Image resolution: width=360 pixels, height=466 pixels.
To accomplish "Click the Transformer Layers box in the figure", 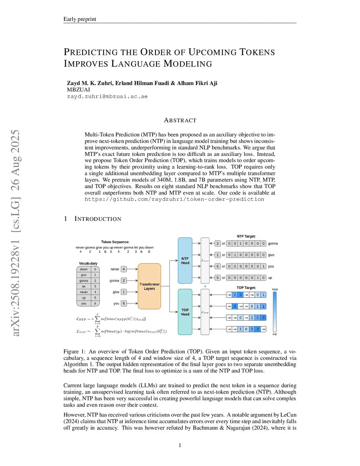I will (x=149, y=286).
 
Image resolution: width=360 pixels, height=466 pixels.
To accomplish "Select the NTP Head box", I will (x=185, y=261).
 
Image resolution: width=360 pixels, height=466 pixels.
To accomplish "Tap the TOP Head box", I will (x=185, y=312).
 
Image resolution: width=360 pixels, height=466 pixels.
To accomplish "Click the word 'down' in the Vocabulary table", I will (x=84, y=269).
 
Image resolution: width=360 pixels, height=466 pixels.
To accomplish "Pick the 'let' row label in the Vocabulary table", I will (x=84, y=286).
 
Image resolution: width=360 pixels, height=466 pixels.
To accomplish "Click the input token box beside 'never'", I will (x=124, y=269).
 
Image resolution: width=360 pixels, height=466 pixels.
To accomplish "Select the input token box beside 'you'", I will (x=124, y=303).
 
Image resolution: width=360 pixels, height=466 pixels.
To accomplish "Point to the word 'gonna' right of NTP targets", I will (x=273, y=243).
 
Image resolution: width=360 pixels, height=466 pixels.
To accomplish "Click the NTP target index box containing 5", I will (x=218, y=277).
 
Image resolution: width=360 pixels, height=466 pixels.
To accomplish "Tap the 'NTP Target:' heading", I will (x=246, y=236).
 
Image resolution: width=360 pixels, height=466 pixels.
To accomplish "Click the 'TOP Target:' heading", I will (x=246, y=288).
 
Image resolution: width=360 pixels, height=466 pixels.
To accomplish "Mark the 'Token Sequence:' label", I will (x=115, y=242).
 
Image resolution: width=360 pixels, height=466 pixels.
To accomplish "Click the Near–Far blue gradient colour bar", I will (x=275, y=312).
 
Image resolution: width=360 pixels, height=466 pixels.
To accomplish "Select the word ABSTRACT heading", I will (x=180, y=120).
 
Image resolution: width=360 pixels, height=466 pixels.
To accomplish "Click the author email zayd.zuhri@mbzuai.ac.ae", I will (x=107, y=96).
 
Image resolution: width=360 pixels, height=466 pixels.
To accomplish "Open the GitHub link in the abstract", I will (x=174, y=199).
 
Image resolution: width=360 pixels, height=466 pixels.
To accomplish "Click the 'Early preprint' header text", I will (x=80, y=19).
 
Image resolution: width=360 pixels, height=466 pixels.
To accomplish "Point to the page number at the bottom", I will (x=180, y=445).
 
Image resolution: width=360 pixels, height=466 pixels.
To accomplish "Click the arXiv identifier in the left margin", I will (x=15, y=233).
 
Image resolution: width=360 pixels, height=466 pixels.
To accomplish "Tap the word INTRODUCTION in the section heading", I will (x=98, y=219).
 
